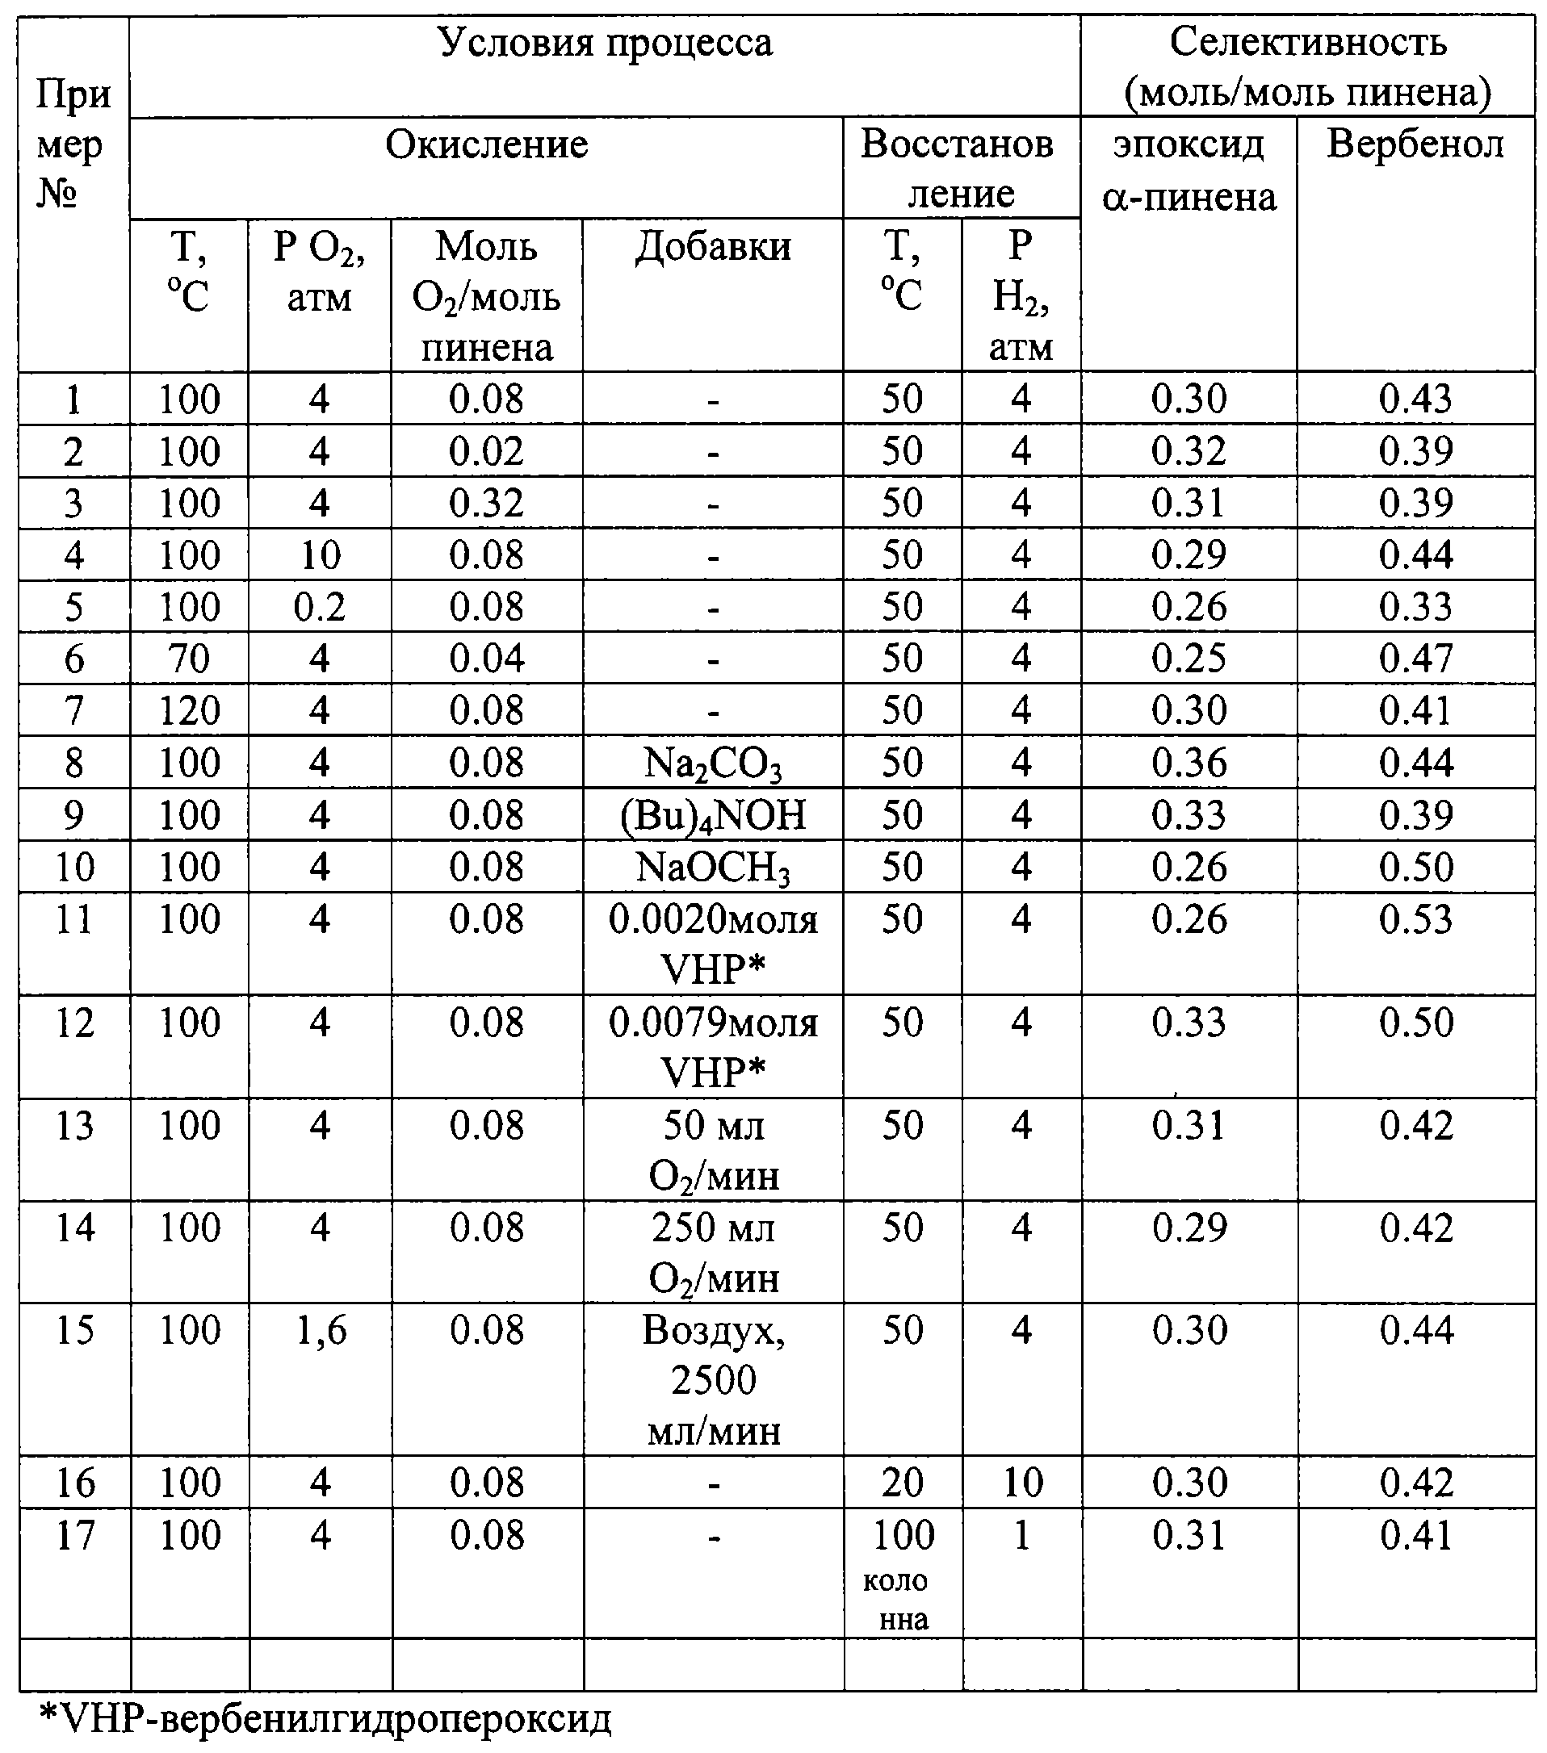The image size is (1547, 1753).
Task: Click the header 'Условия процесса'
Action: [605, 43]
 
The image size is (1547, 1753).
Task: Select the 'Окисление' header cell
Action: [487, 145]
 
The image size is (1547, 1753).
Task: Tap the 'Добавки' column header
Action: [712, 247]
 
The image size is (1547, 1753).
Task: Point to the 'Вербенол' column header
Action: [1415, 145]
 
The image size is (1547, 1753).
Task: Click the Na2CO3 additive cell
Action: [712, 764]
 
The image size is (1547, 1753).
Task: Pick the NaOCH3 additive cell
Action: [712, 868]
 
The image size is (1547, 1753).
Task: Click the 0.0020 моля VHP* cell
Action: [712, 944]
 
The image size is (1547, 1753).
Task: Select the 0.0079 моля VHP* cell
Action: [712, 1047]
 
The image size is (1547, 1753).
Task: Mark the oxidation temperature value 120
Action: [189, 711]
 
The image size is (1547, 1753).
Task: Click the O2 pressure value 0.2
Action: [319, 607]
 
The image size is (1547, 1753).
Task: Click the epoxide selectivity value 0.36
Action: [1189, 764]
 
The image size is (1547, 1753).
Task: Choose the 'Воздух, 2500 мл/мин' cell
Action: [714, 1381]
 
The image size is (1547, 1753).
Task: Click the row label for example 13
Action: [74, 1126]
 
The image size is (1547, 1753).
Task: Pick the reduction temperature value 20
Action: [903, 1483]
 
